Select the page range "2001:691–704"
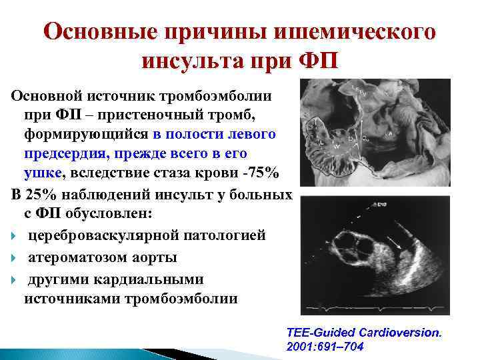(x=325, y=347)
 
